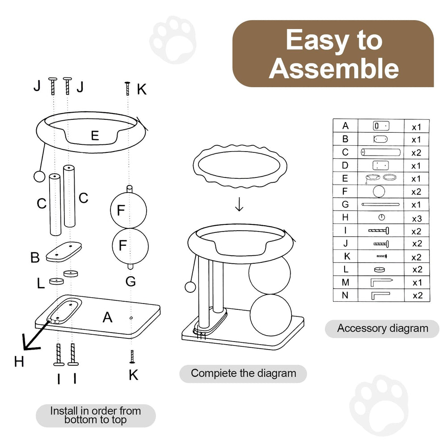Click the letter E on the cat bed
tap(95, 136)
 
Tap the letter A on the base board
tap(107, 317)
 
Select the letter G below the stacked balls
tap(131, 281)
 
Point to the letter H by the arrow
tap(19, 362)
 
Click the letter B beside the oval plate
tap(35, 257)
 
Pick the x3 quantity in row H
tap(417, 219)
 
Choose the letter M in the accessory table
tap(346, 282)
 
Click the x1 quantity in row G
tap(416, 205)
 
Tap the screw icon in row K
tap(381, 256)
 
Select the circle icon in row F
tap(379, 191)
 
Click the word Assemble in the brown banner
tap(334, 68)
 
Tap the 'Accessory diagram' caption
tap(383, 329)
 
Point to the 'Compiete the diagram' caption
tap(244, 373)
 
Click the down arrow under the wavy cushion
tap(239, 204)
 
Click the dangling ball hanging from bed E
tap(39, 176)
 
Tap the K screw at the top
tap(127, 89)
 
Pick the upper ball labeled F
tap(129, 211)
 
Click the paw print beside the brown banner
tap(173, 40)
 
